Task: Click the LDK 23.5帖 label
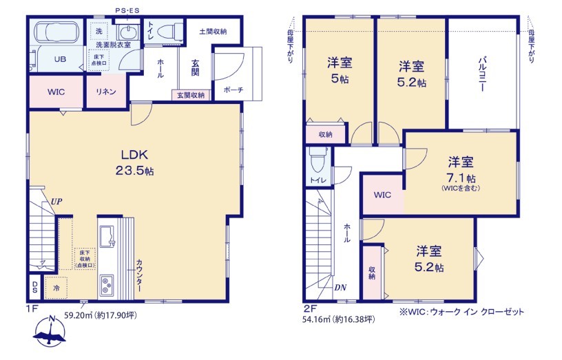pos(134,162)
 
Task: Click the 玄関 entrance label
pos(195,67)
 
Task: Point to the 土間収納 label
pos(213,32)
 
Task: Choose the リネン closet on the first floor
pos(106,92)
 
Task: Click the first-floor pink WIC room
pos(56,92)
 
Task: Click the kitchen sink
pos(107,236)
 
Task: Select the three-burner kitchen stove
pos(107,285)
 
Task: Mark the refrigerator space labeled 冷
pos(56,288)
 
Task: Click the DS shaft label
pos(34,287)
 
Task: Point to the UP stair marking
pos(56,201)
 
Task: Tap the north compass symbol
pos(50,331)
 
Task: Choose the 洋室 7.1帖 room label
pos(461,173)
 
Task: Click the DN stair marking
pos(340,287)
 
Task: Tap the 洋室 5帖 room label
pos(339,70)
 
